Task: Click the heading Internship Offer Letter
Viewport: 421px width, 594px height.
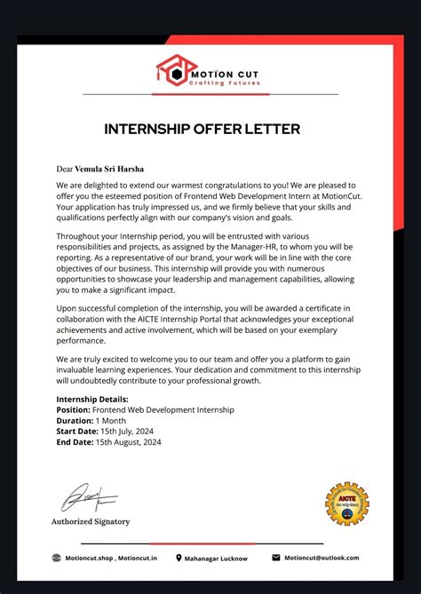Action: [203, 129]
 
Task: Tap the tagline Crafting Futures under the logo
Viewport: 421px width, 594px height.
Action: [222, 82]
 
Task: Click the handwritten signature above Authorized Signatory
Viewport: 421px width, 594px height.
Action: [86, 497]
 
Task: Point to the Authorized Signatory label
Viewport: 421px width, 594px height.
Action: [91, 521]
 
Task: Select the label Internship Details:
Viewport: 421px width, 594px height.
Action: [92, 400]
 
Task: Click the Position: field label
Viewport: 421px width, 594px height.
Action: [74, 410]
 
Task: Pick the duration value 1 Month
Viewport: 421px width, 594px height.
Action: [113, 421]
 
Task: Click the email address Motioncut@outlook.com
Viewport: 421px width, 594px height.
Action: [322, 558]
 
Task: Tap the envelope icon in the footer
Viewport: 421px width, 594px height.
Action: [275, 558]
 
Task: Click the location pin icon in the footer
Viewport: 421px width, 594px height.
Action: [179, 558]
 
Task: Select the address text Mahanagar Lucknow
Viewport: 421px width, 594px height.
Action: [217, 558]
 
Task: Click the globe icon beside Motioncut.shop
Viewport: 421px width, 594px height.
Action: [57, 558]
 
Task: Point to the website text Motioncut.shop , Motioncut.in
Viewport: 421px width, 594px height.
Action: [111, 558]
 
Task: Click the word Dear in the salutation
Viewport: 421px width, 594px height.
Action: [64, 169]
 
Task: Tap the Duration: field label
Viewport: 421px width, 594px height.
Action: [75, 421]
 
